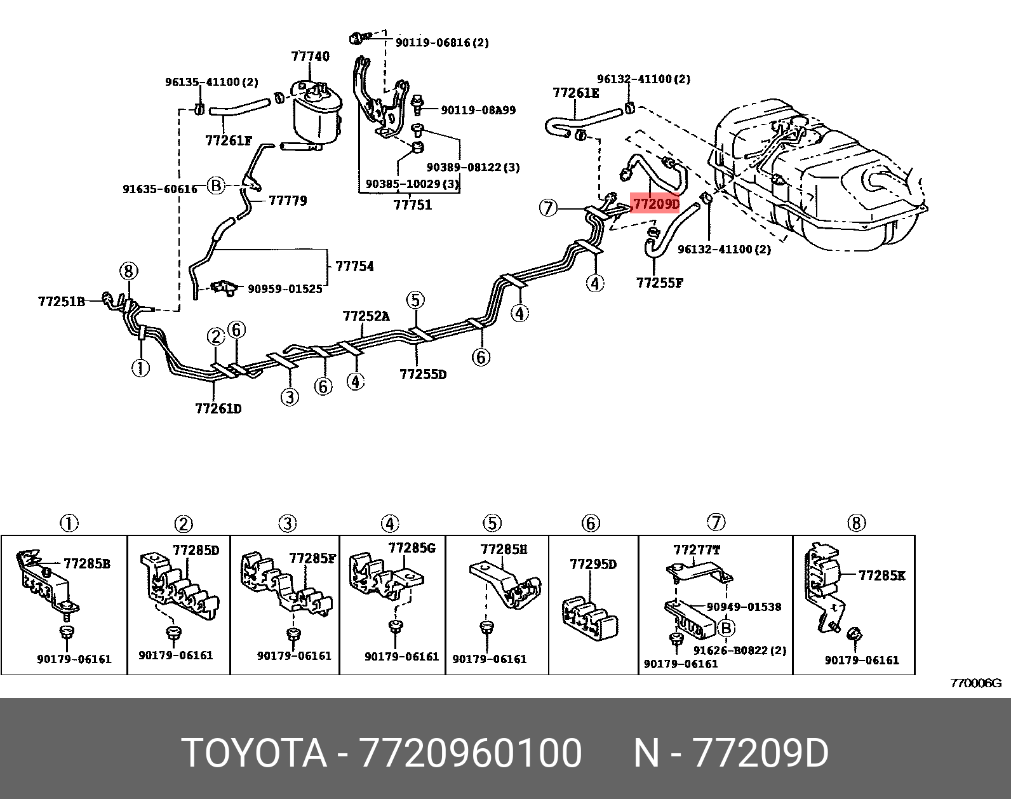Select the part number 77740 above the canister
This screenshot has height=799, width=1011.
[311, 56]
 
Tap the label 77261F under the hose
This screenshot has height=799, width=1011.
[229, 140]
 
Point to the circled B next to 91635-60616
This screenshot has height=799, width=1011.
[217, 185]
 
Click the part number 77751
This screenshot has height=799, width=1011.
[412, 205]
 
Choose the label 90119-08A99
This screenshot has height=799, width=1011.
[478, 110]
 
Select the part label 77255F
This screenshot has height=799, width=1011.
[659, 282]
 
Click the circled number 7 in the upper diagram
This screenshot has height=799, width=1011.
[549, 207]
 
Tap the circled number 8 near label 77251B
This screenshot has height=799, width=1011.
[128, 272]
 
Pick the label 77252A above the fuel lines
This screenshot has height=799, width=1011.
[366, 316]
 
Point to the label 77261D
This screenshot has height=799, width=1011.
[218, 408]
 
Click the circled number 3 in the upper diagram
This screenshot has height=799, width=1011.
[290, 397]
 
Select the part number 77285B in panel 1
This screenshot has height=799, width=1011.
[86, 563]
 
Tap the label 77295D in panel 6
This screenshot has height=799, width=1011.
[593, 564]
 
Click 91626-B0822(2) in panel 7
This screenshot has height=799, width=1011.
[739, 650]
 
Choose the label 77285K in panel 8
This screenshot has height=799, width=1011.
[882, 575]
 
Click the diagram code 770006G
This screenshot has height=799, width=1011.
[975, 683]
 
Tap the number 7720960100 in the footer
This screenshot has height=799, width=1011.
[471, 753]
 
